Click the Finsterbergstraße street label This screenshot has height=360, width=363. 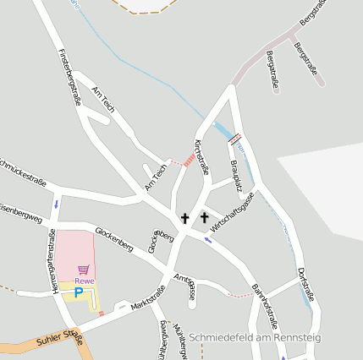(x=69, y=76)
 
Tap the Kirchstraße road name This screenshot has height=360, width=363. (x=201, y=156)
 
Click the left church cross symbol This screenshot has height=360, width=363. (x=184, y=218)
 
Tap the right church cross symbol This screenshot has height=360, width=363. (x=204, y=218)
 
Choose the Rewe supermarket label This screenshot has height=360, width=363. (x=84, y=280)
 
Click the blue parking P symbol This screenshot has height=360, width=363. (x=79, y=292)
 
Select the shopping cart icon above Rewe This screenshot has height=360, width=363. (x=83, y=270)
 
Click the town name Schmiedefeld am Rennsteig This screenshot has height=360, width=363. (x=255, y=337)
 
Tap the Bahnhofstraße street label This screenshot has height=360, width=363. (x=265, y=307)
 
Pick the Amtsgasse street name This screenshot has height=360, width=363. (x=184, y=287)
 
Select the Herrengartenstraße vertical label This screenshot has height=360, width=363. (x=52, y=261)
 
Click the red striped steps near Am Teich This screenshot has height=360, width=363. (x=189, y=159)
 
